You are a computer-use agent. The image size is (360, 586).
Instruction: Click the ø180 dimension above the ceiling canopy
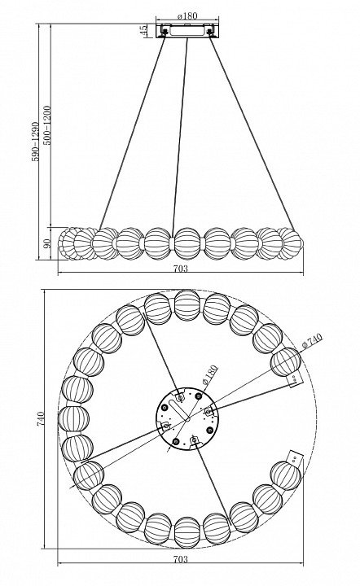point(187,15)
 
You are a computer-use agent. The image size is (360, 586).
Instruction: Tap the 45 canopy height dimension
point(143,31)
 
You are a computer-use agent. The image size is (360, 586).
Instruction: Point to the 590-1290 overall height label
point(35,141)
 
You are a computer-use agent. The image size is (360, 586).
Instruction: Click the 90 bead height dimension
point(47,243)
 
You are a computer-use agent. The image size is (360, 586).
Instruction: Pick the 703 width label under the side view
point(181,268)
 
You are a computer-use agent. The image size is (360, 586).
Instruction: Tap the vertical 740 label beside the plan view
point(41,418)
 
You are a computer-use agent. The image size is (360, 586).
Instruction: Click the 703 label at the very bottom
point(181,559)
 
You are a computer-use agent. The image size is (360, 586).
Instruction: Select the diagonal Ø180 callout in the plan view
point(209,374)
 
